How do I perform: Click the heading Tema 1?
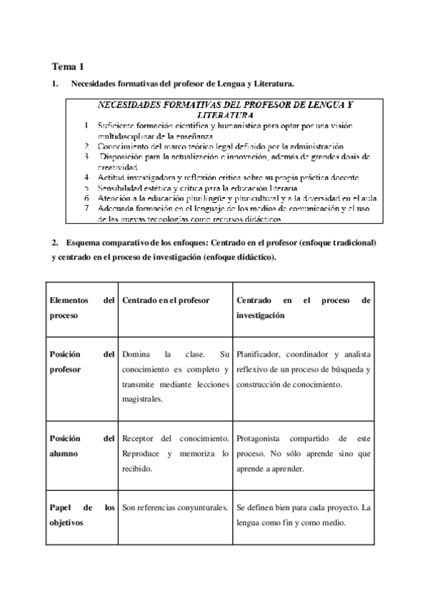pos(68,66)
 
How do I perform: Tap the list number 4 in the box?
pos(86,177)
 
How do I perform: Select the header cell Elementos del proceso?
pos(81,307)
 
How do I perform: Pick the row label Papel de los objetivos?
pos(81,515)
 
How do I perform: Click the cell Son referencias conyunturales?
pos(174,508)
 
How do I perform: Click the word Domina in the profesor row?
pos(136,354)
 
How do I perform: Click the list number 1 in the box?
pos(86,126)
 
